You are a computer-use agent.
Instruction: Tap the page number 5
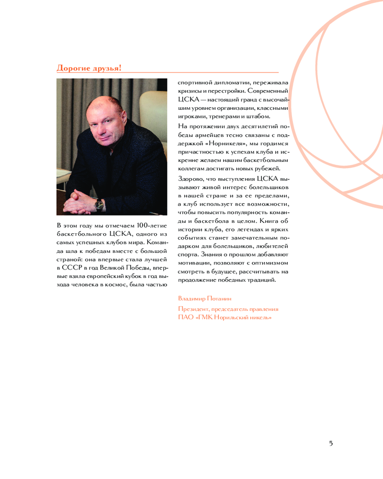point(331,443)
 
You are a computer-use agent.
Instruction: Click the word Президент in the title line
point(193,309)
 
